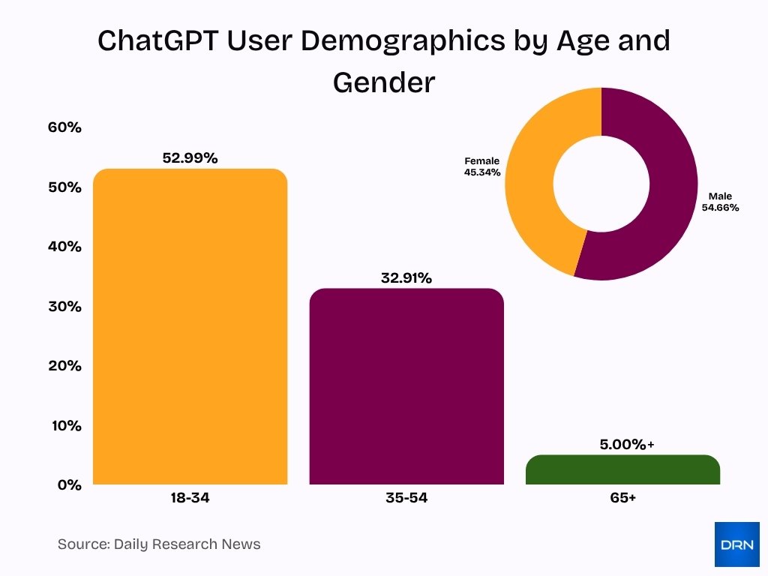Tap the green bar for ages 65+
(622, 469)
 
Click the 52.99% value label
(190, 158)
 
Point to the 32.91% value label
(406, 278)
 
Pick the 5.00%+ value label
(626, 445)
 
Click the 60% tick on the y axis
(64, 127)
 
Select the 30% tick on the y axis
(64, 307)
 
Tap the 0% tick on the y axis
(68, 485)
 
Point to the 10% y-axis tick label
(65, 426)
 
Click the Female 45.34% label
(481, 166)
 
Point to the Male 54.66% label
(720, 202)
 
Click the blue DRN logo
(736, 544)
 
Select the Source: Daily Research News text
(159, 544)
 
